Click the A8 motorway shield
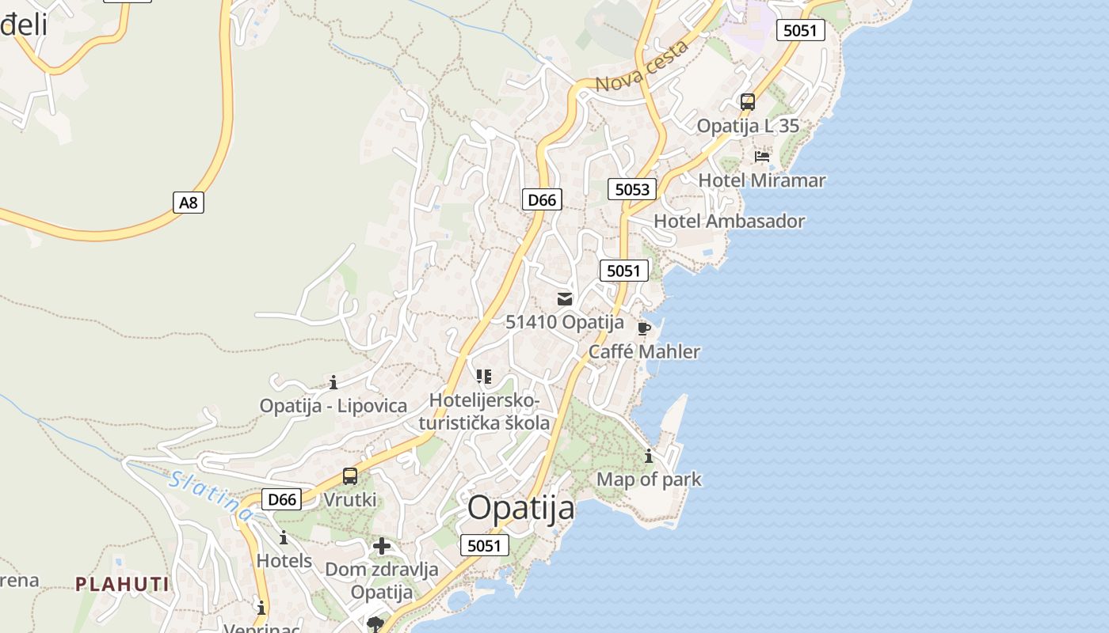[x=189, y=203]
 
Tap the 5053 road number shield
[x=632, y=189]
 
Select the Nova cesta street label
[x=642, y=66]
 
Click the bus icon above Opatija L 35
[x=747, y=102]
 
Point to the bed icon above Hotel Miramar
[x=762, y=156]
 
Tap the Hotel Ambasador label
[x=729, y=222]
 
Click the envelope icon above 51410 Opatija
[x=565, y=299]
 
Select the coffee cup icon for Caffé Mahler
[x=644, y=328]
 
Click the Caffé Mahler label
[x=644, y=351]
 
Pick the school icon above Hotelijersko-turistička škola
[x=484, y=377]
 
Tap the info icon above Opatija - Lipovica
[x=333, y=383]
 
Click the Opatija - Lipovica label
[x=333, y=406]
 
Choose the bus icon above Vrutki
[x=350, y=476]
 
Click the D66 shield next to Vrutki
[x=282, y=499]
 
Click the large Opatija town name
[x=520, y=508]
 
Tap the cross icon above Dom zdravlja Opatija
[x=382, y=546]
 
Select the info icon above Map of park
[x=649, y=457]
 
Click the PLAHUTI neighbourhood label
[x=122, y=585]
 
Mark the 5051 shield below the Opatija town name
[x=484, y=545]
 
